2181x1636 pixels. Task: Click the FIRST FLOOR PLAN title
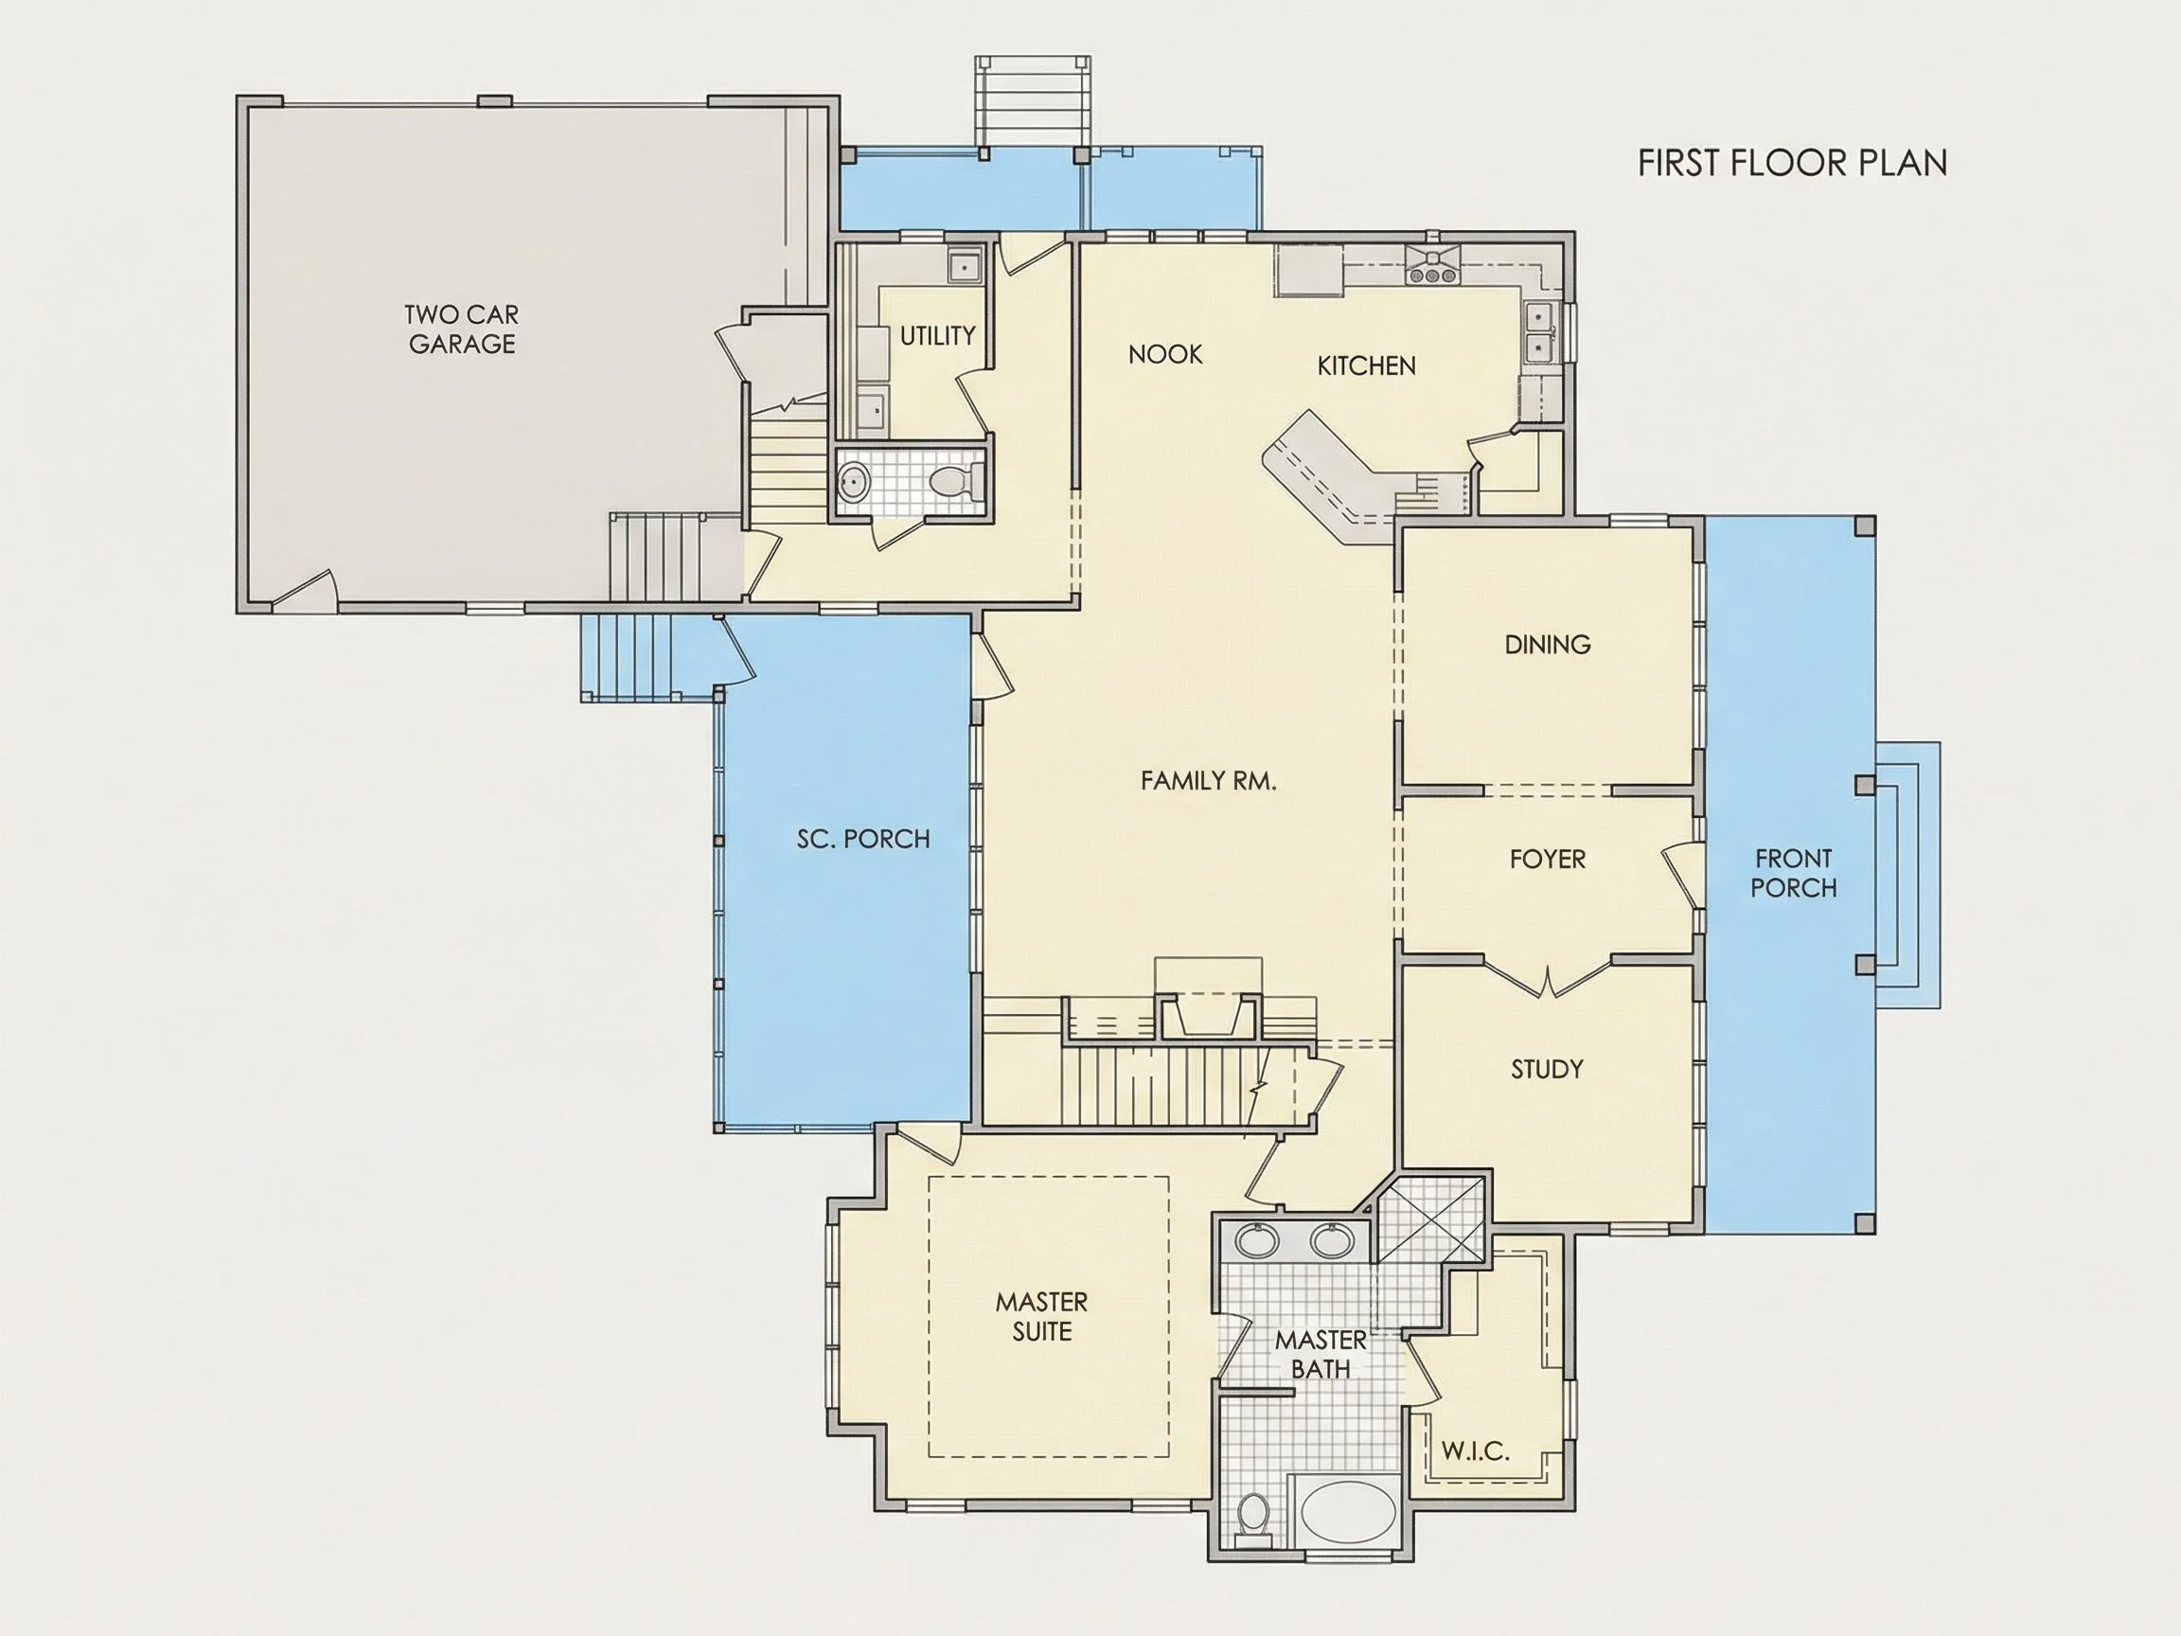[1792, 163]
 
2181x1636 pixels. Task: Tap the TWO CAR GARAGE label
[461, 329]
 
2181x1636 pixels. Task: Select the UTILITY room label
[937, 336]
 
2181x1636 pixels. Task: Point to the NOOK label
[1165, 354]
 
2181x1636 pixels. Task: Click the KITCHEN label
[1367, 365]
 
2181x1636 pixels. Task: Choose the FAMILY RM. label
[1208, 781]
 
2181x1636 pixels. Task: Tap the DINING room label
[1547, 645]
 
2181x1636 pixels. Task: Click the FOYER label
[1547, 859]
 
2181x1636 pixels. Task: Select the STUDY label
[1547, 1069]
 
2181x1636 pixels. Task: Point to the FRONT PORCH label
[1794, 873]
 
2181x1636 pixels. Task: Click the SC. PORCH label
[862, 839]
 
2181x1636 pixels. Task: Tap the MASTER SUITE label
[1041, 1317]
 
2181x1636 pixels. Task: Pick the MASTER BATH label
[1321, 1354]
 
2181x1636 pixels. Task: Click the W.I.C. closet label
[1475, 1450]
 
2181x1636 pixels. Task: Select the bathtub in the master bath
[1348, 1513]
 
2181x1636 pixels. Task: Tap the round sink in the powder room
[854, 483]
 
